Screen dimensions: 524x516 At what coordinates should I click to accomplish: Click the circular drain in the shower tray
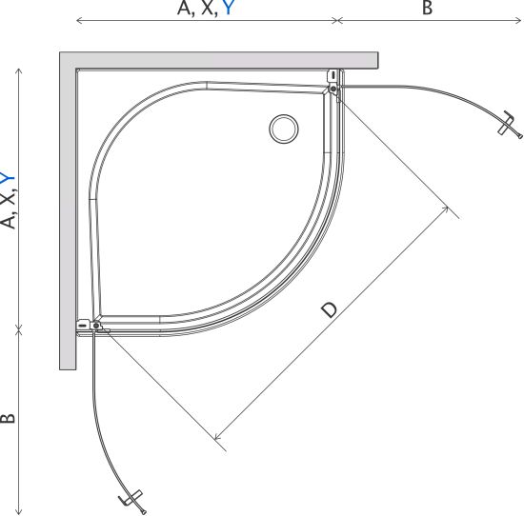[x=284, y=129]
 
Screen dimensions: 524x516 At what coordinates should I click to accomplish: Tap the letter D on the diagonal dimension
[x=330, y=310]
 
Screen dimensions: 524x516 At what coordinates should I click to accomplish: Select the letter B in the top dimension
[x=427, y=8]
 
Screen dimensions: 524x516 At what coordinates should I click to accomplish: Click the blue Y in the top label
[x=228, y=8]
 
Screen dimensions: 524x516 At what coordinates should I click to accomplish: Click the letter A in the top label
[x=184, y=8]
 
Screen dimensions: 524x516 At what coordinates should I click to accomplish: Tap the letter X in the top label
[x=208, y=8]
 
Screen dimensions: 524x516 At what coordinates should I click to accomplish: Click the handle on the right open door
[x=510, y=124]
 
